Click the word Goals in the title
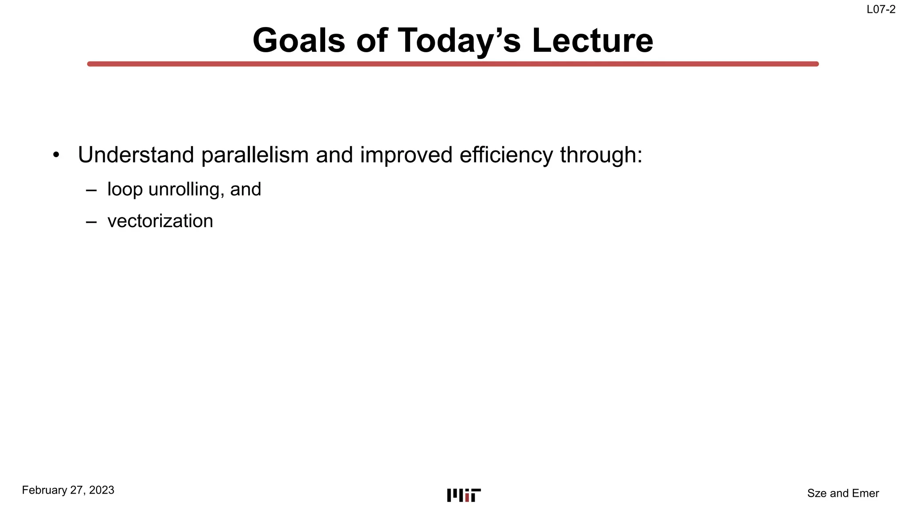tap(299, 41)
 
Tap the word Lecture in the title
tap(592, 41)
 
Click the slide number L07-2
tap(881, 10)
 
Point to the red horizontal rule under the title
tap(453, 64)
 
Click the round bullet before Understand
tap(56, 155)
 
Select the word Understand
tap(136, 155)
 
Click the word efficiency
tap(506, 155)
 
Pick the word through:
tap(601, 155)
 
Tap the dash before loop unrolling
tap(92, 190)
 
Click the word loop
tap(125, 189)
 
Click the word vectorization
tap(160, 221)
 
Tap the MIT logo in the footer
tap(464, 495)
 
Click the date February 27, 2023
tap(68, 490)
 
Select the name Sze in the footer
tap(817, 493)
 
